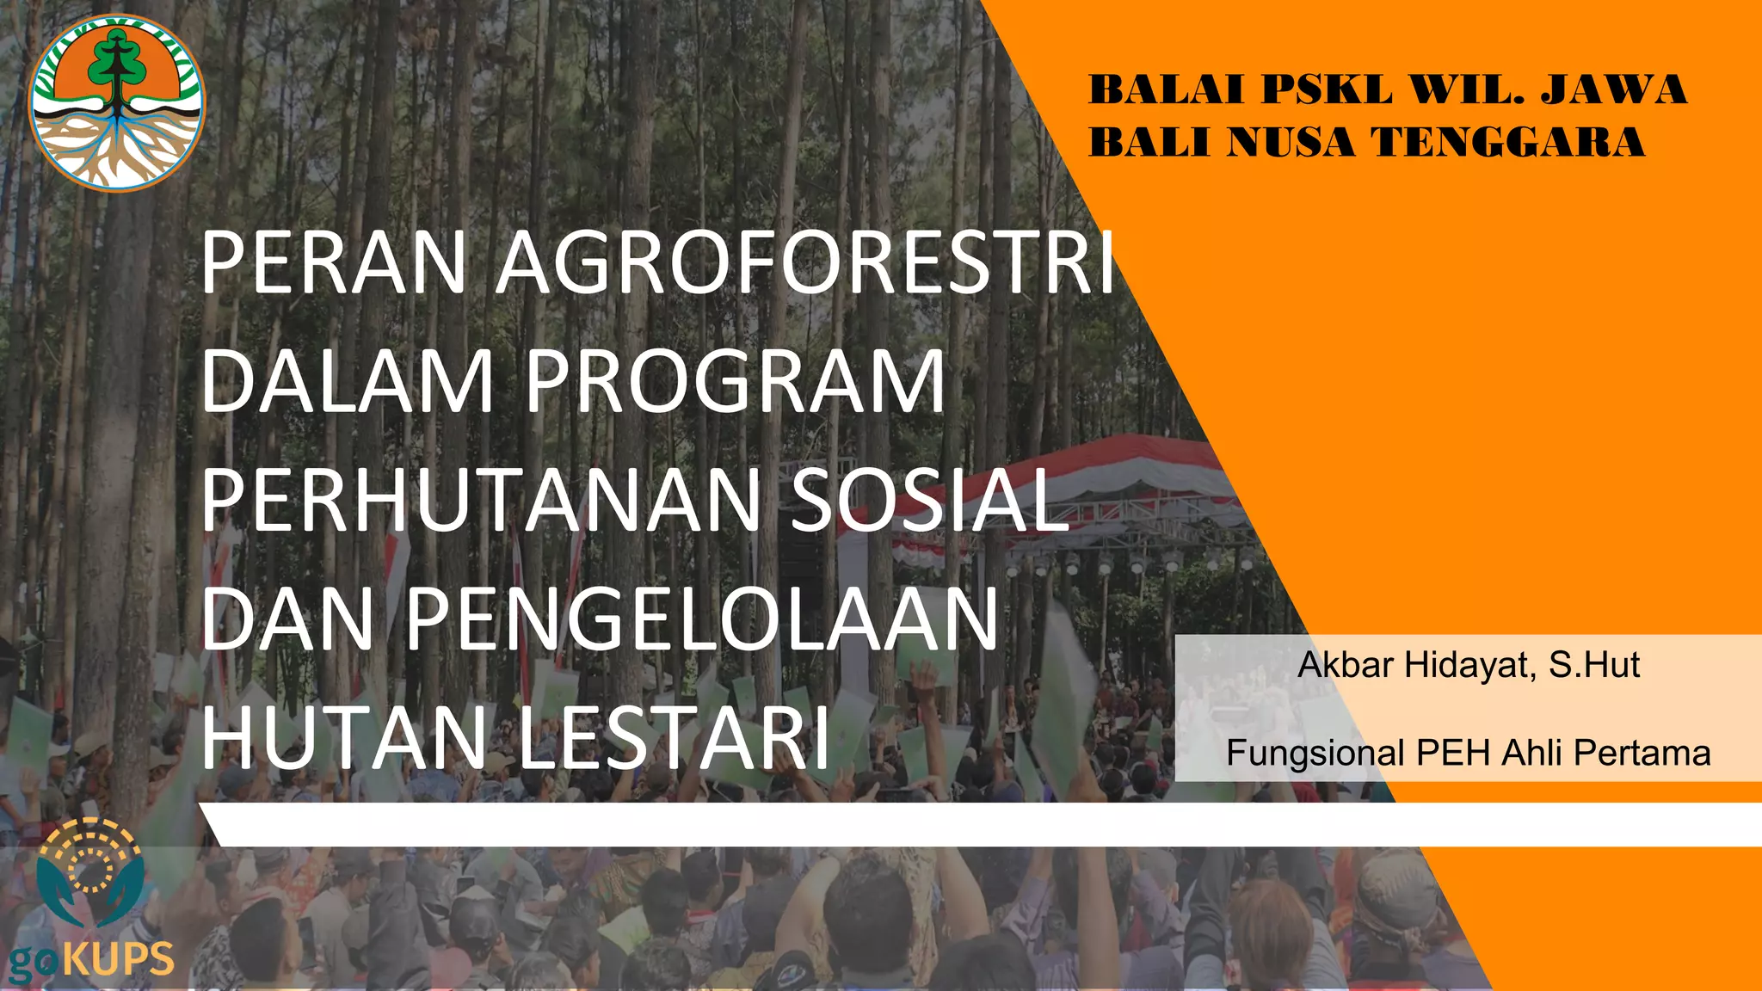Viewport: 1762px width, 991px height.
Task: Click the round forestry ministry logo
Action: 117,103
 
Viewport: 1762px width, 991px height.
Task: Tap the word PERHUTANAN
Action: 482,501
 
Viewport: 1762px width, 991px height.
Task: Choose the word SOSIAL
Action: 929,501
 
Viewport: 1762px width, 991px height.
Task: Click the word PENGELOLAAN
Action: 701,619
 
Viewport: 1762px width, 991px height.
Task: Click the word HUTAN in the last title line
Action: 344,738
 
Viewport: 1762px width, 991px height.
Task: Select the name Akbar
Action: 1346,665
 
